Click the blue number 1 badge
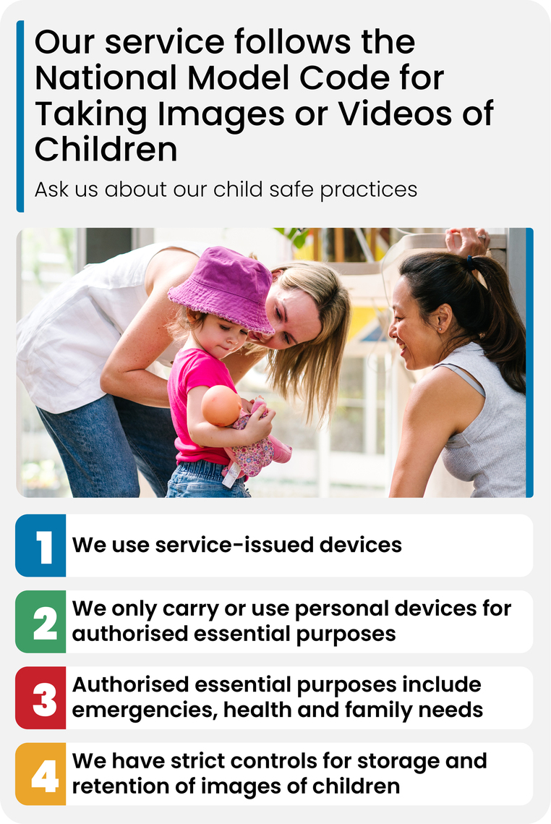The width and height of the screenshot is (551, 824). click(40, 545)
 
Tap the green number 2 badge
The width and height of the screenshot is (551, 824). click(40, 621)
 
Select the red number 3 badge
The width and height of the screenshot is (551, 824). click(40, 698)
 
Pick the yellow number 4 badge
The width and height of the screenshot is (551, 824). click(40, 774)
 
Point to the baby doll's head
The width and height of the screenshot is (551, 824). click(221, 406)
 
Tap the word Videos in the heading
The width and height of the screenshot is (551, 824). click(394, 114)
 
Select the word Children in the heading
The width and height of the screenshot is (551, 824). click(106, 149)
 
